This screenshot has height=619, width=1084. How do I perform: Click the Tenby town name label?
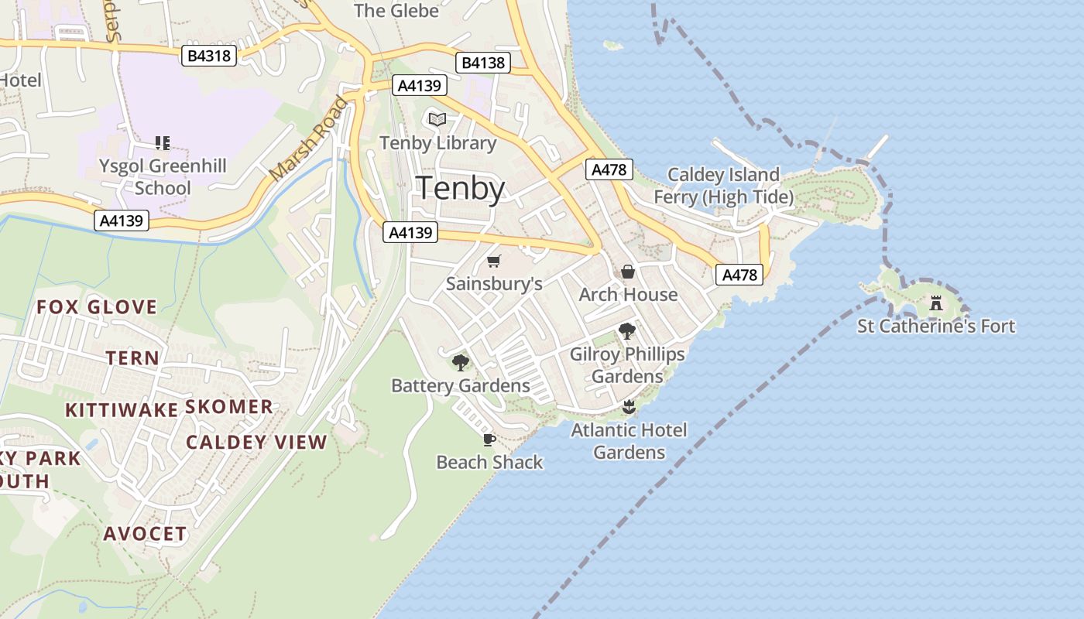(461, 188)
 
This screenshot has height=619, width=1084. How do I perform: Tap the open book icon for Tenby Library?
(437, 119)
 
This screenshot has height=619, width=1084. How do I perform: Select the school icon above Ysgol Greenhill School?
(162, 142)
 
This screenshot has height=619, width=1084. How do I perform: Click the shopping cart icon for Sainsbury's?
(494, 261)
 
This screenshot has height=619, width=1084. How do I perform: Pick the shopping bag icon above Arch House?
(628, 272)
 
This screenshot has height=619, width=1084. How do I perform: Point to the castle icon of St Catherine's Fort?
(935, 303)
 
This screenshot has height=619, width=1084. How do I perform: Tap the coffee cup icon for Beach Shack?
(489, 439)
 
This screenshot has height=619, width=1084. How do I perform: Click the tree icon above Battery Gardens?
(461, 362)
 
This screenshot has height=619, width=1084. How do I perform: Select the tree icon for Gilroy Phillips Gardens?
(627, 331)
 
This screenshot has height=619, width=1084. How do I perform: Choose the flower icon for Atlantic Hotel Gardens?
(629, 406)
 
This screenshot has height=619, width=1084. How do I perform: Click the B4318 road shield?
(210, 56)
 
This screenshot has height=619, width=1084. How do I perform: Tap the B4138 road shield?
(483, 63)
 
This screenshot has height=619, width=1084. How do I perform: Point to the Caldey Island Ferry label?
(723, 186)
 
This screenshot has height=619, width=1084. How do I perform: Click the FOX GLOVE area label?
(97, 307)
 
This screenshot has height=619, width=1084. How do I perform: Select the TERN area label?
(132, 358)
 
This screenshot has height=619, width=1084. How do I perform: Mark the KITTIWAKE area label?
(122, 410)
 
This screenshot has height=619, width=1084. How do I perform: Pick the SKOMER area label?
(229, 407)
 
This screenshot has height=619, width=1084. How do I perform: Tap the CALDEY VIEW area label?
(256, 443)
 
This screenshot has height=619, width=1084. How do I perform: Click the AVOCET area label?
(145, 534)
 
